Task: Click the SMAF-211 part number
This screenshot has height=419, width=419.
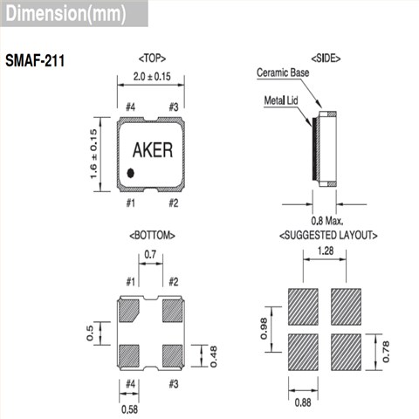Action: [35, 61]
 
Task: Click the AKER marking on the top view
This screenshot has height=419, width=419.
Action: [153, 150]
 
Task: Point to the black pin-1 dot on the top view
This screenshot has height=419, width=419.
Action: [131, 173]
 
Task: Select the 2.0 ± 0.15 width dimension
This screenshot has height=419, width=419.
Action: [152, 77]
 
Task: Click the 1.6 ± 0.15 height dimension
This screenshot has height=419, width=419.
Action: [93, 154]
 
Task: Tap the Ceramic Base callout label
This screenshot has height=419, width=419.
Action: [283, 72]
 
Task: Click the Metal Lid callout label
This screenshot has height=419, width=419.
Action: [281, 100]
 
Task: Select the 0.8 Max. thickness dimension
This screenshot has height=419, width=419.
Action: [327, 221]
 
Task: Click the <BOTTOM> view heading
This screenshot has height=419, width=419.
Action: [152, 236]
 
